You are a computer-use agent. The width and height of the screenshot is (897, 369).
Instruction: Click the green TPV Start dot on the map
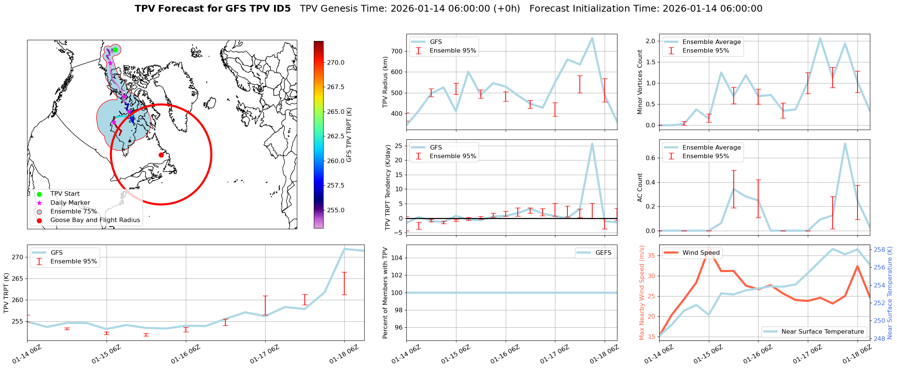pos(115,50)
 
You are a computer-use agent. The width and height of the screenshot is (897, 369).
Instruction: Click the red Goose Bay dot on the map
pos(161,155)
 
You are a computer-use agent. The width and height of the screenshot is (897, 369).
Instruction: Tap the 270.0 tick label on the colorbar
pos(336,62)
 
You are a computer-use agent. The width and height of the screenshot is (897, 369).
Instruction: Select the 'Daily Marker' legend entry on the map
pos(70,203)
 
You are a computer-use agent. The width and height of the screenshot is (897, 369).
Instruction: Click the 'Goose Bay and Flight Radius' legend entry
pos(95,220)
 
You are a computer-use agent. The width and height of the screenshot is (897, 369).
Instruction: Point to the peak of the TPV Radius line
pos(592,38)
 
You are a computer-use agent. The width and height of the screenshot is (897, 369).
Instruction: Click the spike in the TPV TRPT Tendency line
pos(592,144)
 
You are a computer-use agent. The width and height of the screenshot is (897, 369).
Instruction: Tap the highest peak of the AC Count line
pos(845,144)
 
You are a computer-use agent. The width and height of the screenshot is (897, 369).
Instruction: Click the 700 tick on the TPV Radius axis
pos(397,51)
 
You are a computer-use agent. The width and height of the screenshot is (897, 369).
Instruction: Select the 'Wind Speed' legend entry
pos(701,253)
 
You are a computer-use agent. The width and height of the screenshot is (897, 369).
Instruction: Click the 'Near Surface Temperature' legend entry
pos(823,332)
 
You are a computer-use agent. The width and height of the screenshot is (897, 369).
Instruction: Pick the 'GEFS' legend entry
pos(603,253)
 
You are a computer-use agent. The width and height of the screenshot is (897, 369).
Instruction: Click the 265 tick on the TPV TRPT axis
pos(18,279)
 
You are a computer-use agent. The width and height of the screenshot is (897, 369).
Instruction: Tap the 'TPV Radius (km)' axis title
pos(385,82)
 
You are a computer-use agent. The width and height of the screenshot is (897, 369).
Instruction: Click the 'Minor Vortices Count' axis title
pos(640,82)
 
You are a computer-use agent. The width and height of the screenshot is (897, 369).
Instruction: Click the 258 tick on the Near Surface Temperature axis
pos(879,250)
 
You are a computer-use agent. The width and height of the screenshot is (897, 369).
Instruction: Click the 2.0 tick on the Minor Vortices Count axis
pos(651,41)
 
